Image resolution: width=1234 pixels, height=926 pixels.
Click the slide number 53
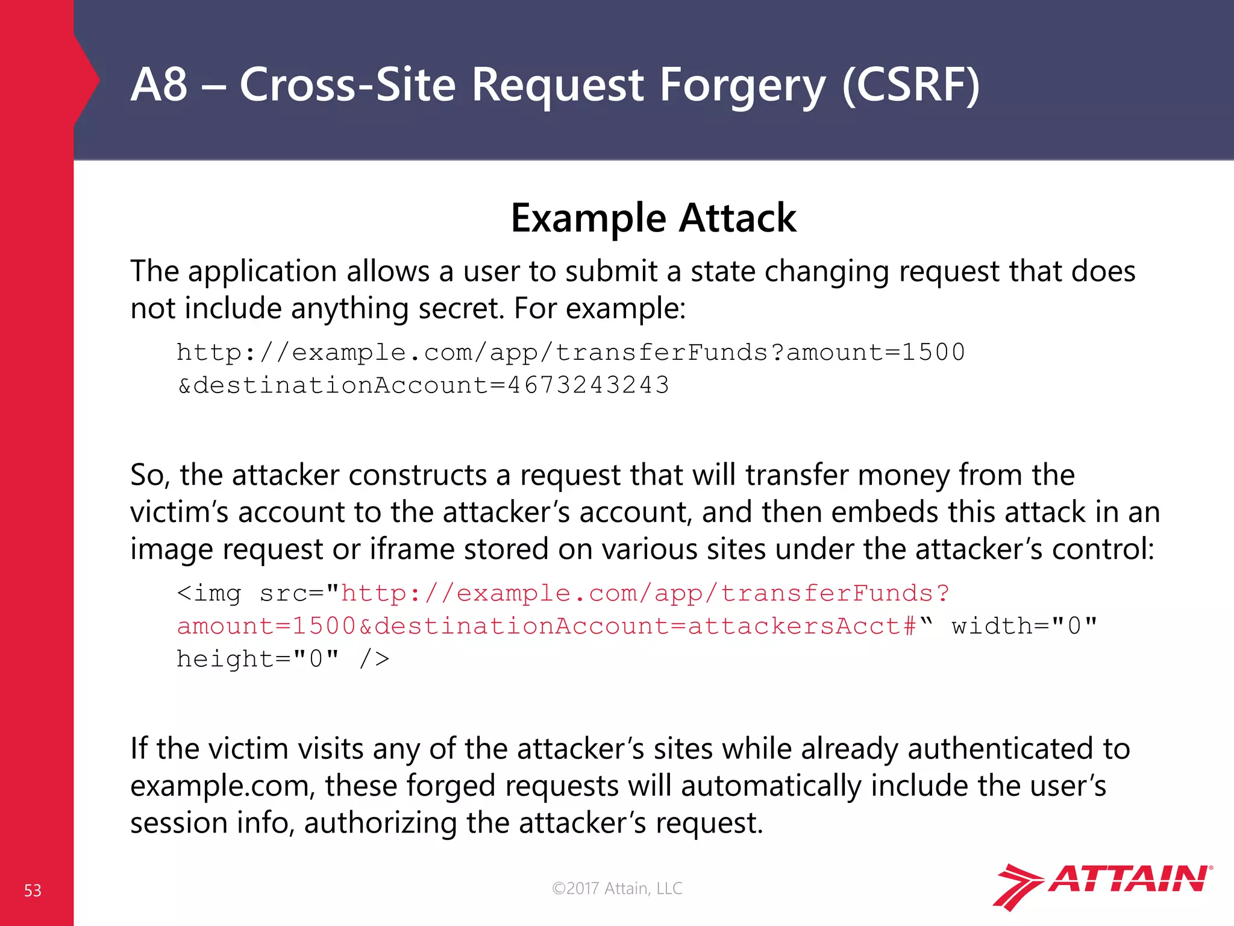[x=33, y=890]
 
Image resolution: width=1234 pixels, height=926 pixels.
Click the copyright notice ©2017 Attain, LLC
[x=617, y=888]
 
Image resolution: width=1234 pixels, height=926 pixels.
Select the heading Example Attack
[x=653, y=218]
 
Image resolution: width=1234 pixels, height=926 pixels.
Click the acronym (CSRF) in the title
[x=910, y=85]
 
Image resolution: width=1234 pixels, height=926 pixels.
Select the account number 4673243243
[x=589, y=385]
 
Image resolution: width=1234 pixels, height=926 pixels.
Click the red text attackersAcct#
[x=802, y=626]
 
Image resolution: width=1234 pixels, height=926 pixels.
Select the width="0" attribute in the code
[x=1024, y=626]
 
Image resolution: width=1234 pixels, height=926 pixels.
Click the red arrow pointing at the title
[x=87, y=80]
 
